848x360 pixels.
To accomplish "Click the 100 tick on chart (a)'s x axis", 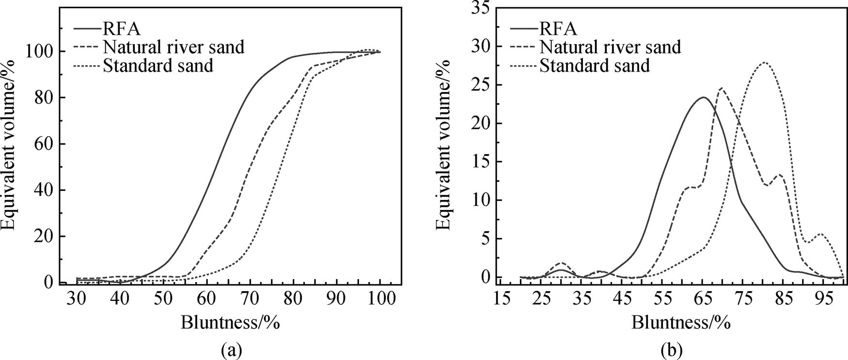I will point(380,299).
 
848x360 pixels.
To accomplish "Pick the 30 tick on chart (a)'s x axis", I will point(76,299).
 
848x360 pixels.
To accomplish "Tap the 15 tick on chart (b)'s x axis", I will point(502,299).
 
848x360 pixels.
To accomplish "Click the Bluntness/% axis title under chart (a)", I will point(230,322).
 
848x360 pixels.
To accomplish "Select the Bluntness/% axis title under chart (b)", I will point(680,322).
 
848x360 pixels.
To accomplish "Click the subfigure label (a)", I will point(230,349).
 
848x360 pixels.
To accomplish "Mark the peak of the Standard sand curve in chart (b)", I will point(764,63).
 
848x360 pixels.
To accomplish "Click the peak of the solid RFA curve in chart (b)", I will point(703,97).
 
